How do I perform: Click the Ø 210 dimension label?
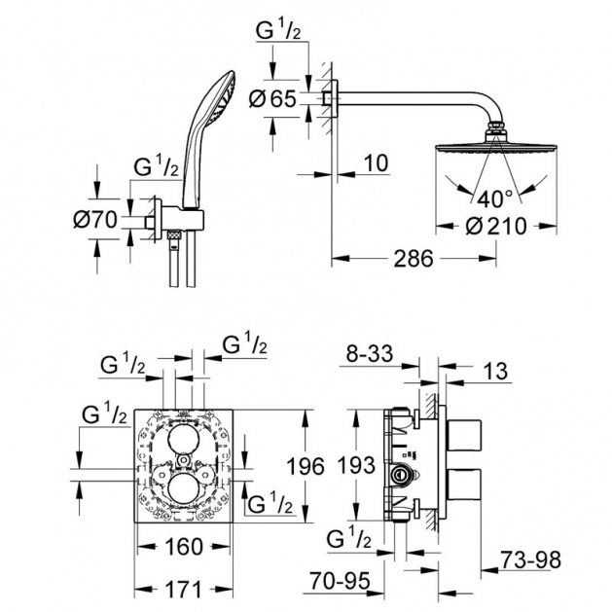(496, 227)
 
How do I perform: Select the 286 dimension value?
(414, 259)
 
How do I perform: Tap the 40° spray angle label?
(494, 199)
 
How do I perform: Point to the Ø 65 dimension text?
(272, 98)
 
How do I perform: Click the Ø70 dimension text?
(95, 219)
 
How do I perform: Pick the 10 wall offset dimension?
(376, 162)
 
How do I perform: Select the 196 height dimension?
(306, 466)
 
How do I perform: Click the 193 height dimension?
(356, 465)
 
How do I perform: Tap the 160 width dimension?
(184, 547)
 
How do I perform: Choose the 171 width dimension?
(183, 590)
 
